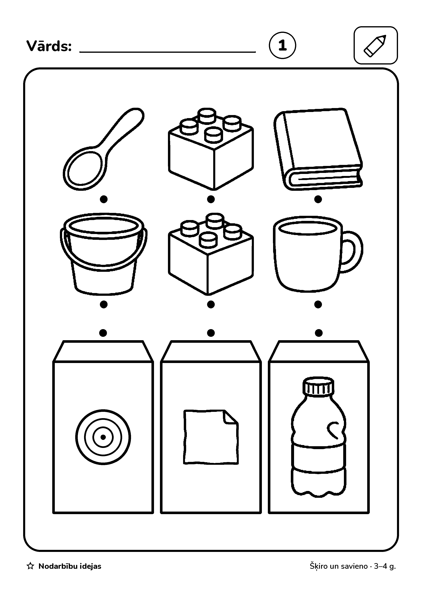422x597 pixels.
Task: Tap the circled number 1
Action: tap(282, 45)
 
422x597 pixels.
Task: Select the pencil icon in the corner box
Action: tap(375, 46)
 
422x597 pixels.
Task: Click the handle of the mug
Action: tap(352, 252)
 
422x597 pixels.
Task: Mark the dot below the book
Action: tap(318, 199)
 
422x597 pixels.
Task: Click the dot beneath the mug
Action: tap(318, 304)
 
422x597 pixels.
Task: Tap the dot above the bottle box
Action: tap(319, 333)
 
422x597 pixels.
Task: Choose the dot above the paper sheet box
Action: tap(211, 333)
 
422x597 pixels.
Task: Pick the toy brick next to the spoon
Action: tap(211, 149)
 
